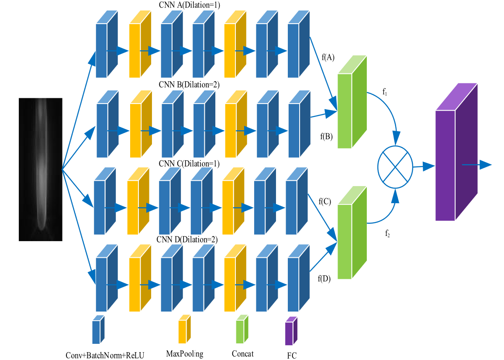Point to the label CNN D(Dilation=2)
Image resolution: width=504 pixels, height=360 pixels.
[x=187, y=239]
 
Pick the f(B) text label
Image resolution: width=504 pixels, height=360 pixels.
[x=326, y=136]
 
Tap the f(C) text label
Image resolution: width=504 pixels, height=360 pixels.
[x=324, y=202]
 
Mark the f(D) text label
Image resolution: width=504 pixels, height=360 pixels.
[x=324, y=278]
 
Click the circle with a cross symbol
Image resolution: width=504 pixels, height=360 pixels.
[x=395, y=166]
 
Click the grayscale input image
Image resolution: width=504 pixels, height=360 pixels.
[x=40, y=170]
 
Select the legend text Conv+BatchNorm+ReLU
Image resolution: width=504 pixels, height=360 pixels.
[x=105, y=355]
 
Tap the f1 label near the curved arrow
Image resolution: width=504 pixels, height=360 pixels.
[x=385, y=92]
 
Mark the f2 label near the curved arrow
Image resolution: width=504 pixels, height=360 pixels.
[x=387, y=233]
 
